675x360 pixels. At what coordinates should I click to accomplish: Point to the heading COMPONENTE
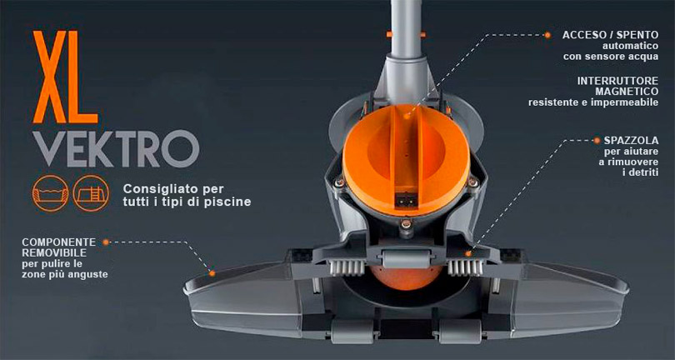[59, 242]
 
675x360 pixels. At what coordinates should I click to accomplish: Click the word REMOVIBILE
[53, 252]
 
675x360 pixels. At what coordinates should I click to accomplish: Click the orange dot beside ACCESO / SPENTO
[547, 35]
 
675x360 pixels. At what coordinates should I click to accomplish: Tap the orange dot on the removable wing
[212, 272]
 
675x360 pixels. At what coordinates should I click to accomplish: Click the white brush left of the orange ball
[347, 267]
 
